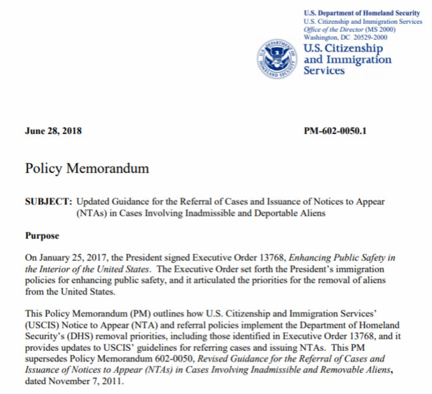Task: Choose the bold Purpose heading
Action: pos(42,235)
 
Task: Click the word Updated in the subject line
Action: pos(94,201)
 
